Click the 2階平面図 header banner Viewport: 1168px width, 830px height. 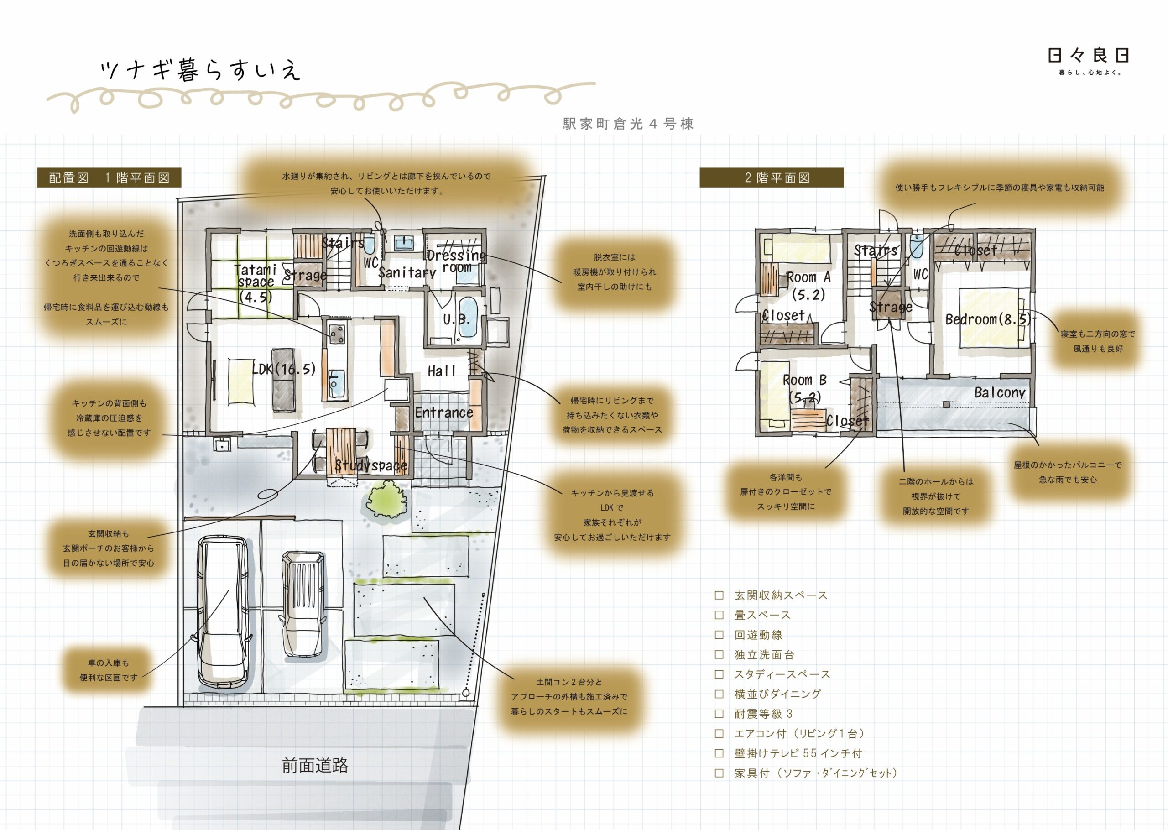click(x=771, y=177)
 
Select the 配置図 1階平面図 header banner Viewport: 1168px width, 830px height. click(x=109, y=177)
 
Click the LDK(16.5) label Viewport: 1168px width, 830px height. click(x=284, y=369)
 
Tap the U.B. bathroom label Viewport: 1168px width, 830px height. click(x=456, y=320)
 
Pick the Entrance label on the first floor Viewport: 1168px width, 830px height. click(x=443, y=412)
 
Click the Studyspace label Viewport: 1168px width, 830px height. click(x=371, y=465)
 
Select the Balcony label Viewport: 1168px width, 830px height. click(x=1000, y=392)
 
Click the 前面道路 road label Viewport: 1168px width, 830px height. click(x=315, y=765)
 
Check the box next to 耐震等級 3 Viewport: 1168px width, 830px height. click(x=719, y=714)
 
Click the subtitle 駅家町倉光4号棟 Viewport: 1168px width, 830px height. click(x=628, y=124)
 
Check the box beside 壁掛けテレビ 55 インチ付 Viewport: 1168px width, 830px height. click(x=719, y=753)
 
